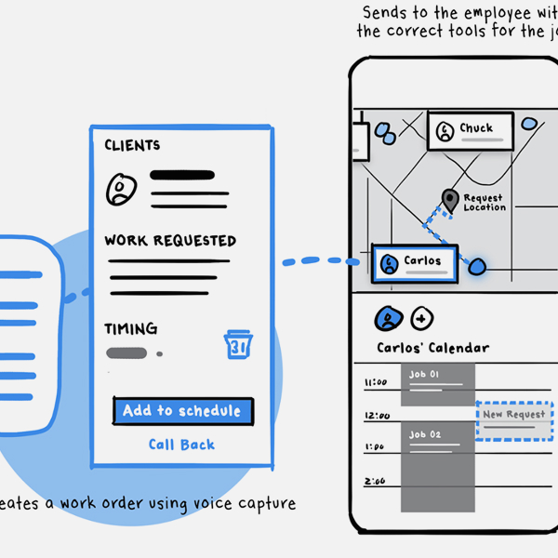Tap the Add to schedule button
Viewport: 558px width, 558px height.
(182, 411)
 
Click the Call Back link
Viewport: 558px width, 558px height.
(181, 445)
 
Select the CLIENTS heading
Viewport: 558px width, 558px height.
(132, 145)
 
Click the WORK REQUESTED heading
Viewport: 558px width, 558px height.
(170, 241)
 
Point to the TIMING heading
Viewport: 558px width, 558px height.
(131, 329)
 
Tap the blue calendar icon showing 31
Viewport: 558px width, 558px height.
(238, 344)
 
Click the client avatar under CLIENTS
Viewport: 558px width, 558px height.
(120, 189)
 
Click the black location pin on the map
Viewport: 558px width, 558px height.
(450, 199)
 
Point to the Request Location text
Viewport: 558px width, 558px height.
(484, 202)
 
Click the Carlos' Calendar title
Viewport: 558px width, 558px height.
(432, 348)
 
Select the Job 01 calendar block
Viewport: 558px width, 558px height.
(436, 383)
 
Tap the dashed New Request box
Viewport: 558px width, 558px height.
(514, 419)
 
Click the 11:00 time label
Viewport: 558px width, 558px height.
(375, 382)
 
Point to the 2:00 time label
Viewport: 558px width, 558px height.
(375, 481)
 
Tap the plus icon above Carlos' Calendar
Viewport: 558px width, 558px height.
(421, 318)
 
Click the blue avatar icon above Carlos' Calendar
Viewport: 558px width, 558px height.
(388, 318)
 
